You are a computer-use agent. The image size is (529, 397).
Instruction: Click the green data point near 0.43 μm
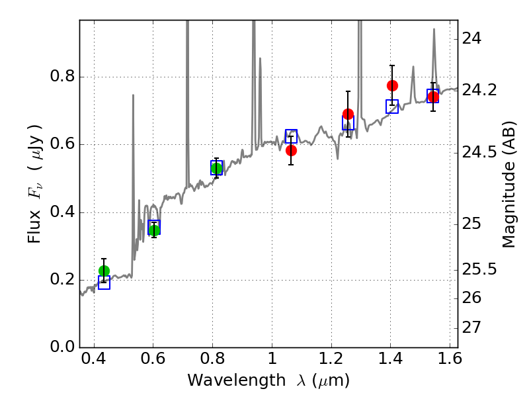pos(104,271)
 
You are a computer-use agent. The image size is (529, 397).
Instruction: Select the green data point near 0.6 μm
pos(154,230)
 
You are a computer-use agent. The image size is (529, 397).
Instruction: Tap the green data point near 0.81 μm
pos(216,168)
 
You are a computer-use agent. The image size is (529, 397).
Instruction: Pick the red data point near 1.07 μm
pos(291,150)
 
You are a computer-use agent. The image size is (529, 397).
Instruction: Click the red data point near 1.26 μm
pos(348,114)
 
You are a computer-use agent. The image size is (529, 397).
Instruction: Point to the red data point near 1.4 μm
pos(392,85)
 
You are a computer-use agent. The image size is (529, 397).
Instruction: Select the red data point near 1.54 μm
pos(433,97)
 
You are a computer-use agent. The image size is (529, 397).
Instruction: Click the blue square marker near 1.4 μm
pos(392,107)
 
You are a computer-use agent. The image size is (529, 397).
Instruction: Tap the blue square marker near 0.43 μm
pos(104,283)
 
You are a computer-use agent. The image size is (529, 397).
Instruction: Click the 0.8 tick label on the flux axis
pos(62,77)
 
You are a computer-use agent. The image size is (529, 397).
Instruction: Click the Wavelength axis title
pos(268,380)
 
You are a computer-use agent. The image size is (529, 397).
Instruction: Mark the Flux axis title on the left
pos(35,183)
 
